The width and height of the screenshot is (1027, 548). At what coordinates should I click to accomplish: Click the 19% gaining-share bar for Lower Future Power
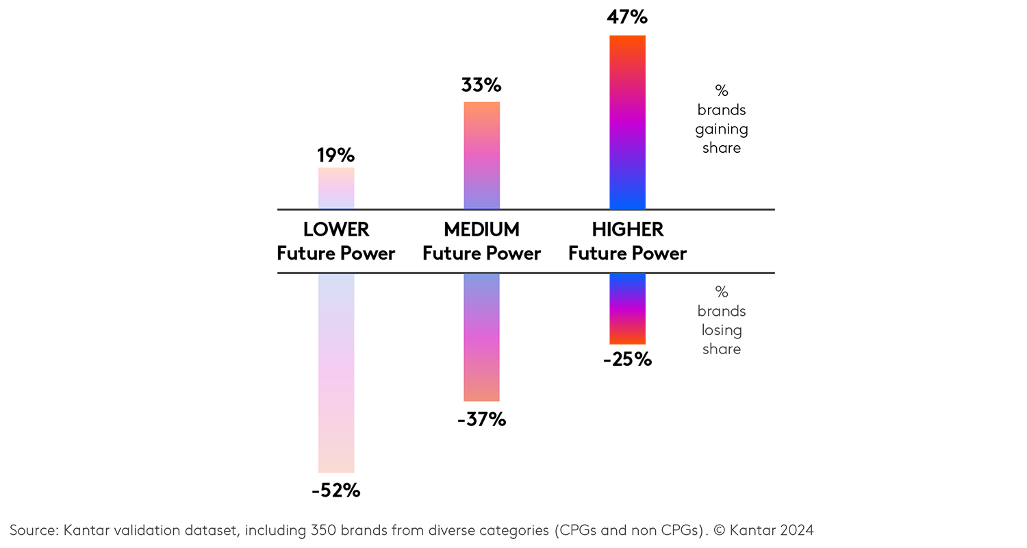[x=336, y=188]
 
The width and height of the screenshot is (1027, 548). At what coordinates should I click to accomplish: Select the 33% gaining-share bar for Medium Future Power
[x=481, y=155]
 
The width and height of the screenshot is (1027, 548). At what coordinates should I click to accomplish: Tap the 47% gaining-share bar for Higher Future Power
[x=627, y=122]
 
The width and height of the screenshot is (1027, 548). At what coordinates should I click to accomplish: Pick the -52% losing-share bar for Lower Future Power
[x=336, y=373]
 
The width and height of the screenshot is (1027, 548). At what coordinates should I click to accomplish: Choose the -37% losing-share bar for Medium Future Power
[x=481, y=337]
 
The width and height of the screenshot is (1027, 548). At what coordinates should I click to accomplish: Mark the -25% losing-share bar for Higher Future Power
[x=627, y=308]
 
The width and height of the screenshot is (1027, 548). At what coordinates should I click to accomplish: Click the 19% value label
[x=335, y=155]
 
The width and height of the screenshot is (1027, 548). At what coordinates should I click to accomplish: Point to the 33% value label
[x=481, y=86]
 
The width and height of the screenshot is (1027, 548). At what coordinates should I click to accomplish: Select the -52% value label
[x=335, y=490]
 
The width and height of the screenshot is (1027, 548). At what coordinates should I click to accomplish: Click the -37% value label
[x=481, y=419]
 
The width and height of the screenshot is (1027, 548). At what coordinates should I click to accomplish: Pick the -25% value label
[x=627, y=359]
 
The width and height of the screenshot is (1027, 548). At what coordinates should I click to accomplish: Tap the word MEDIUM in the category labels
[x=481, y=229]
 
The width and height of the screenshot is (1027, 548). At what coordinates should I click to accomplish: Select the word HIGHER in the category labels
[x=628, y=229]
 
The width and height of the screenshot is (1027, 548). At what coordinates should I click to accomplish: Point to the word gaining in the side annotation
[x=722, y=129]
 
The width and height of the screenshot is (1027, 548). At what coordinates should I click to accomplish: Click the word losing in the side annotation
[x=722, y=330]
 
